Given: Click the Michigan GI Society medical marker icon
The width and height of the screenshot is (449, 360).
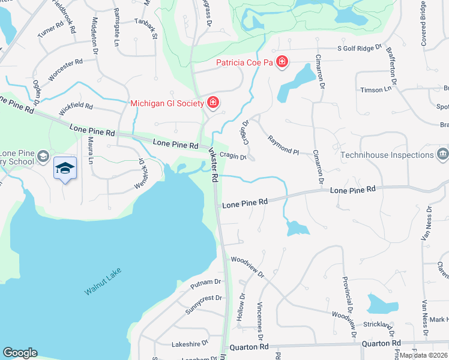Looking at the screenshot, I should click(x=212, y=103).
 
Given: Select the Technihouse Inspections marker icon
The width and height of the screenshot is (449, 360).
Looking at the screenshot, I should click(x=442, y=154).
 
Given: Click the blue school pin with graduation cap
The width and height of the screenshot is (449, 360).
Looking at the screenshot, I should click(x=65, y=169).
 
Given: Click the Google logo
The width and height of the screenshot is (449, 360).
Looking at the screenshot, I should click(x=20, y=353).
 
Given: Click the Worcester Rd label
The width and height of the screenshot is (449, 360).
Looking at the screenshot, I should click(x=65, y=70).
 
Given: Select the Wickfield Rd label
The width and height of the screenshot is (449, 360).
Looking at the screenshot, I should click(x=76, y=108).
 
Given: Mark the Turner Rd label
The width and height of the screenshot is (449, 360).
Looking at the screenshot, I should click(x=50, y=31).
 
